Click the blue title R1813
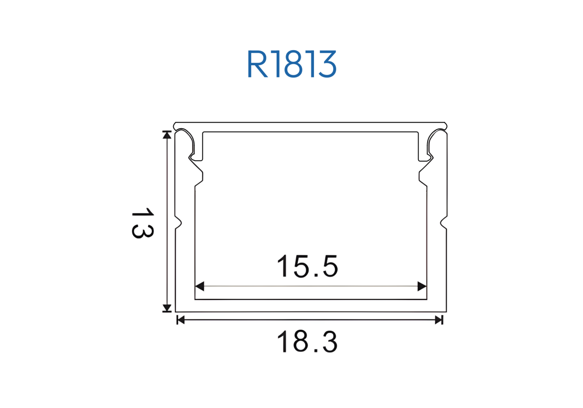pos(291,64)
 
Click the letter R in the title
pos(258,65)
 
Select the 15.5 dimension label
pos(307,266)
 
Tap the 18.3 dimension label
pos(307,342)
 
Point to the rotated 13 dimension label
pos(142,223)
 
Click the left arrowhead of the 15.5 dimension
pos(200,286)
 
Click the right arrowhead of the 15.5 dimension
pos(422,286)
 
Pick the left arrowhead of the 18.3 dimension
pos(181,320)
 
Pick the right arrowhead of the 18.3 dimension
pos(439,320)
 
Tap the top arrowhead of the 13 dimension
pos(167,135)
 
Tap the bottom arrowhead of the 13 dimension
pos(167,308)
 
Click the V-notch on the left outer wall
pos(178,223)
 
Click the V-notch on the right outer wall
pos(444,223)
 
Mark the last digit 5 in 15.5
pos(330,266)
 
